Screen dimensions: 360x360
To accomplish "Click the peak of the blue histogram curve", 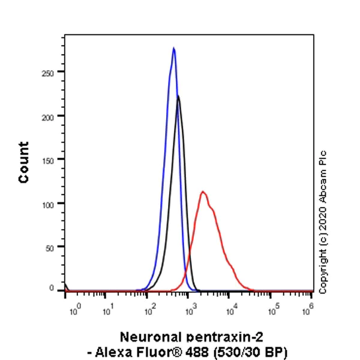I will coord(173,48).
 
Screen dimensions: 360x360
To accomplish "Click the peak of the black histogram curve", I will coord(178,96).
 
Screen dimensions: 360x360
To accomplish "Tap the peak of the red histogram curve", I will coord(203,191).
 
